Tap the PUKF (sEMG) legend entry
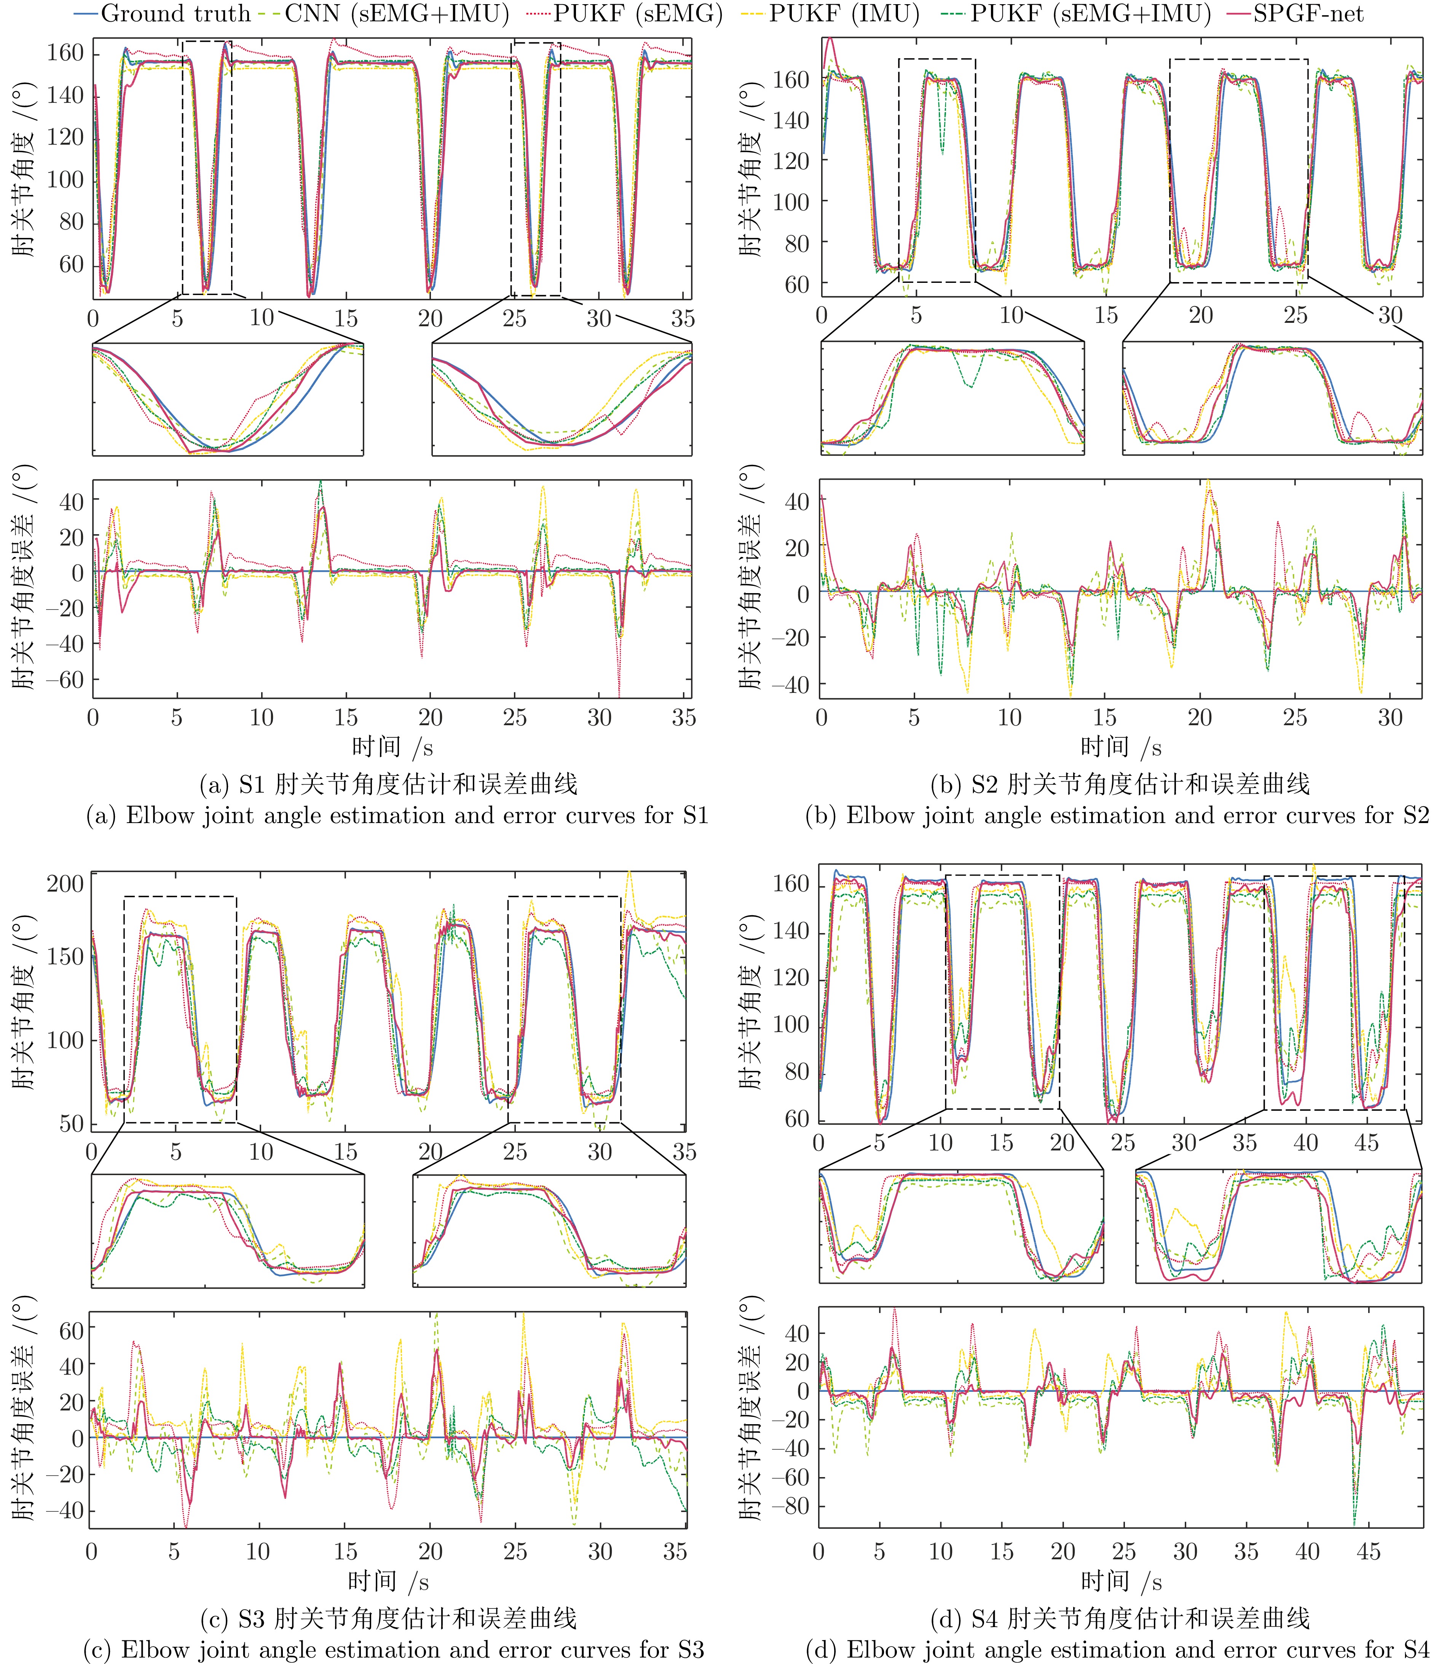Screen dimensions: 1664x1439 pos(626,14)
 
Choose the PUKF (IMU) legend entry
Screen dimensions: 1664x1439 pos(843,14)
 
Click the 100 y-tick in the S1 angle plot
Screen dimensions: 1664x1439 pos(64,180)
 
